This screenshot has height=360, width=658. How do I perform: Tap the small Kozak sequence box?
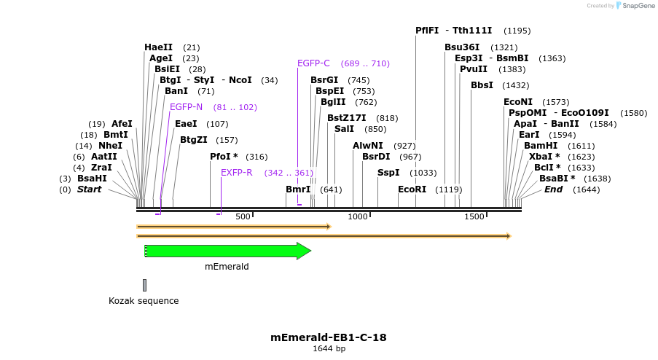144,285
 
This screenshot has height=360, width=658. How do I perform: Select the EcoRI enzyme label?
412,189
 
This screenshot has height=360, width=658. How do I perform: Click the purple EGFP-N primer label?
187,107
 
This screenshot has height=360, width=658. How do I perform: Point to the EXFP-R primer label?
236,173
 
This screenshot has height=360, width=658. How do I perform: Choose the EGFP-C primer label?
313,63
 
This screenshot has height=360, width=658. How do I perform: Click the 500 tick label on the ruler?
243,216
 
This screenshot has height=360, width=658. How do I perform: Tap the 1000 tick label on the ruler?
358,216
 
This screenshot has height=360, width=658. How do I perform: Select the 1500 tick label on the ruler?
474,216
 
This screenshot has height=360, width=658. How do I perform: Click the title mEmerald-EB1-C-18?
328,337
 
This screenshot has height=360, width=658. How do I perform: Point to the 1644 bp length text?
329,348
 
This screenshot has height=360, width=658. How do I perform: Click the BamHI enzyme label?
539,146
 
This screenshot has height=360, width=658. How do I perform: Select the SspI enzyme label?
388,173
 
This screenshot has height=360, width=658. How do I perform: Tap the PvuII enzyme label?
474,69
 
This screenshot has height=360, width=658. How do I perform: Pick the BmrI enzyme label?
298,189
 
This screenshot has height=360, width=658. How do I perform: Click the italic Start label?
90,189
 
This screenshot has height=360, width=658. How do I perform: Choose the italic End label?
554,189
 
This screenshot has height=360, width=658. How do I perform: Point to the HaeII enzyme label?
158,47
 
